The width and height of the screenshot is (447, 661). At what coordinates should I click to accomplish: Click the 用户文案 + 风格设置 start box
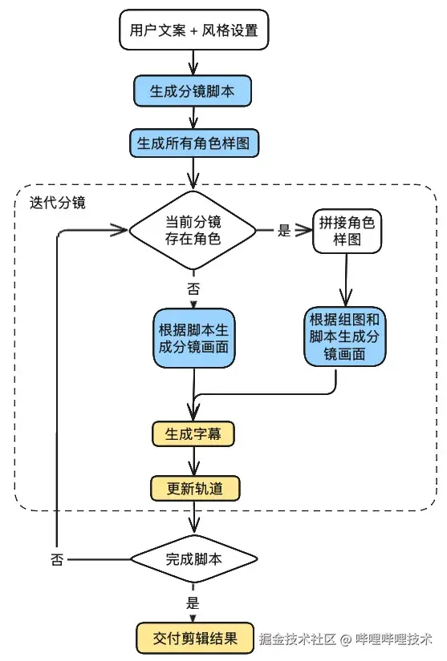coord(193,32)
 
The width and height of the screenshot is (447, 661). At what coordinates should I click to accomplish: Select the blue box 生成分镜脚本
coord(193,91)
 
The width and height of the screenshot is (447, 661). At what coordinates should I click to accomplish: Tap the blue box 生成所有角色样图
coord(193,143)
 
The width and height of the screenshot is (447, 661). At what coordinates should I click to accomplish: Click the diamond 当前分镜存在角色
coord(193,231)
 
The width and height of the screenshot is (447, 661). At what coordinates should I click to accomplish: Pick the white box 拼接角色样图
coord(347,231)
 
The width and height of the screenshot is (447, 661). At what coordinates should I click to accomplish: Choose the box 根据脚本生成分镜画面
coord(193,338)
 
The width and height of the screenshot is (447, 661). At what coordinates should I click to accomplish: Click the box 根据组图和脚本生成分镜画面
coord(345,336)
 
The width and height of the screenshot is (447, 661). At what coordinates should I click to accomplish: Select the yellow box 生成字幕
coord(193,434)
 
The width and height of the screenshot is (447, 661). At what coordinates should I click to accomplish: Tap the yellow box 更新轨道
coord(193,487)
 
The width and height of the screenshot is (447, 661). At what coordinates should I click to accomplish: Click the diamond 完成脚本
coord(193,558)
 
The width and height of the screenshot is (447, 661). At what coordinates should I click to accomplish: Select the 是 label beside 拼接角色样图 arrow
coord(283,231)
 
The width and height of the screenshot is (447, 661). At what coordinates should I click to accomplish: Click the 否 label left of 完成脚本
coord(57,558)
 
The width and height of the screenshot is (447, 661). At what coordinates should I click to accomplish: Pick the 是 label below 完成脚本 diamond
coord(193,603)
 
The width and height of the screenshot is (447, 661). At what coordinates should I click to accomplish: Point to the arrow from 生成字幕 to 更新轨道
coord(193,461)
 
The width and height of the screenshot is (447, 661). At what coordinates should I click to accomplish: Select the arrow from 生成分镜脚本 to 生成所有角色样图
coord(193,117)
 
